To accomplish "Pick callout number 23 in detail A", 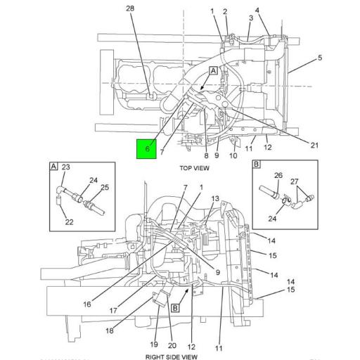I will [x=67, y=167].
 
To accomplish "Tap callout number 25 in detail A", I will [x=105, y=187].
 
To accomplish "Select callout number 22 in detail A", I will [x=68, y=222].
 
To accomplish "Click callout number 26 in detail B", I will [x=278, y=175].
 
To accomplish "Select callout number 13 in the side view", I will [x=215, y=198].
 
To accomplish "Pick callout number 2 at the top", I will [x=225, y=11].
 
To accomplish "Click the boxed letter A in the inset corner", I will [x=53, y=166].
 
